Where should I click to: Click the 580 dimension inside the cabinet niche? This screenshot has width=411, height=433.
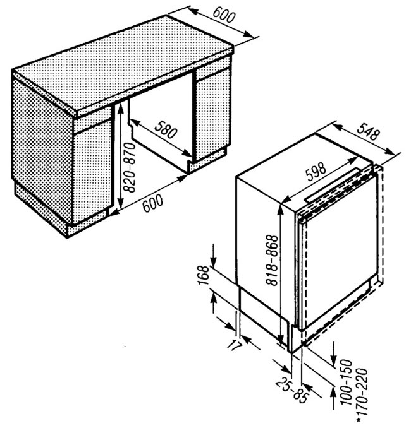(166, 129)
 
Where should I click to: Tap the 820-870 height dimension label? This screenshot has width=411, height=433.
(129, 167)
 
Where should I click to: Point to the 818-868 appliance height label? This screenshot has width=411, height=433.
(271, 260)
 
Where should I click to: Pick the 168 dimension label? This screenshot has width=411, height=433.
(204, 275)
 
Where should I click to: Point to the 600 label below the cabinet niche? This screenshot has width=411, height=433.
(153, 203)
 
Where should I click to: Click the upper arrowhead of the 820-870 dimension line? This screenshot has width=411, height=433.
(120, 109)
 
